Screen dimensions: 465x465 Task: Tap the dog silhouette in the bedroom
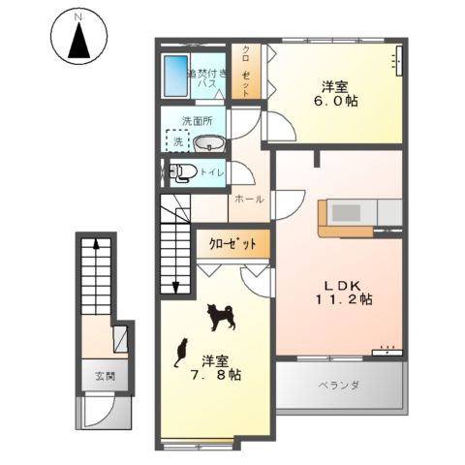pyautogui.click(x=219, y=316)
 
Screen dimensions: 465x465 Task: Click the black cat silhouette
pyautogui.click(x=180, y=353)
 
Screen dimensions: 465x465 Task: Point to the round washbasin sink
pyautogui.click(x=207, y=144)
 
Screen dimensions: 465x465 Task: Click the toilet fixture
pyautogui.click(x=184, y=173)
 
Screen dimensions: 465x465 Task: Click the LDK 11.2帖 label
pyautogui.click(x=341, y=293)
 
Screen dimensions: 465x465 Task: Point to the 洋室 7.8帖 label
pyautogui.click(x=214, y=366)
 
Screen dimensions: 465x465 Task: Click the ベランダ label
pyautogui.click(x=339, y=386)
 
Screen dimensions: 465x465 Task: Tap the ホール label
pyautogui.click(x=248, y=199)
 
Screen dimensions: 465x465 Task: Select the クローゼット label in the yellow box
pyautogui.click(x=232, y=245)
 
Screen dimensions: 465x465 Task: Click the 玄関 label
pyautogui.click(x=104, y=375)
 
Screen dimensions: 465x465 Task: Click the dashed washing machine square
pyautogui.click(x=177, y=141)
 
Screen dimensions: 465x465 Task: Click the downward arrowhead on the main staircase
pyautogui.click(x=176, y=286)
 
